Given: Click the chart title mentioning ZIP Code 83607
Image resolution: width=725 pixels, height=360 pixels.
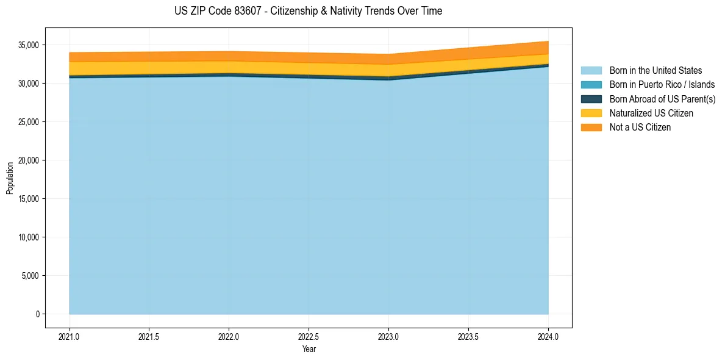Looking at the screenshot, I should coord(308,11).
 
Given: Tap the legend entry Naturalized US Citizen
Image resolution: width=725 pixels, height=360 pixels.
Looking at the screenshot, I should coord(651,113).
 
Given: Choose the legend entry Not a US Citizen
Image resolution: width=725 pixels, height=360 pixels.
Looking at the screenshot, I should coord(640,127).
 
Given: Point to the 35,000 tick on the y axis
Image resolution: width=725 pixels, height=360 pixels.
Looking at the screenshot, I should coord(28,45).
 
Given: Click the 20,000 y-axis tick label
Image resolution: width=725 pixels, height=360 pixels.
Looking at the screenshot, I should coord(28,160).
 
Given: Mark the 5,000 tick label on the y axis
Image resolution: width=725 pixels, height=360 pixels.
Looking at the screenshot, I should coord(30,276).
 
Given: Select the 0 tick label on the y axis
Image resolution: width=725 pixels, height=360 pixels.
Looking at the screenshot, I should coord(37,314).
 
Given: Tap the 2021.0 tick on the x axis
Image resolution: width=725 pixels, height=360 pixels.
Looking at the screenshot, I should coord(69,336).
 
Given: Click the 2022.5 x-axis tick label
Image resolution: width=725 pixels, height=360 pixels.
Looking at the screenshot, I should coord(309,336).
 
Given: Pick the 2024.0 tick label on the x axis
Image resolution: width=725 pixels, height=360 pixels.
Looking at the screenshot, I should coord(548,336).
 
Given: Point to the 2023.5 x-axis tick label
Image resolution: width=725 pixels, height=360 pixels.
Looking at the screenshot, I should coord(468,336).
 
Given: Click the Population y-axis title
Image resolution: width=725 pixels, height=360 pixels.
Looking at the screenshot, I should coord(10,178).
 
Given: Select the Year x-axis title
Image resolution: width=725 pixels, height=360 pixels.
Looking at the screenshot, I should coord(309,349).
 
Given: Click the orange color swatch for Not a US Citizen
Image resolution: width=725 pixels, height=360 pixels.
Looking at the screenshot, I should coord(591,127).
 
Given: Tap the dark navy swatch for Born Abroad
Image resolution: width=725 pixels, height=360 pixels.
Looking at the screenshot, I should coord(591,99).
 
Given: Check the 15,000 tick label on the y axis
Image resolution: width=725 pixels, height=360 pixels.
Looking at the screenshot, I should coord(28,199).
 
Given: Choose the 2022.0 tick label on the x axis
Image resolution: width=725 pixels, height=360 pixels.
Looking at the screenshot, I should coord(229,336).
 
